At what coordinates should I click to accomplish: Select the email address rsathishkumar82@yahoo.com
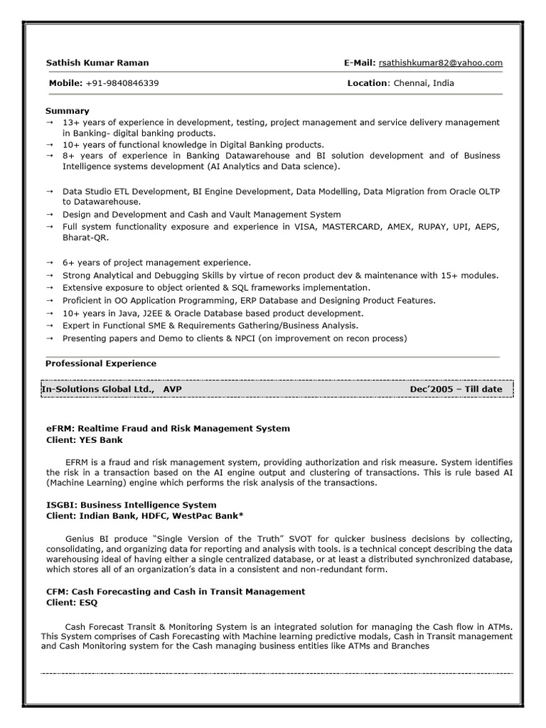coord(441,63)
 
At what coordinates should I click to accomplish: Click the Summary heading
coord(68,111)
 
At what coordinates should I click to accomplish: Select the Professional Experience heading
coord(101,363)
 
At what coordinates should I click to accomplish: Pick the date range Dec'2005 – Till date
coord(456,390)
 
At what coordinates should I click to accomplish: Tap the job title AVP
coord(171,390)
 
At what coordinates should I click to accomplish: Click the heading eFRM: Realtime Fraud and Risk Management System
coord(168,429)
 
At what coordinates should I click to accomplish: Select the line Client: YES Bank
coord(85,440)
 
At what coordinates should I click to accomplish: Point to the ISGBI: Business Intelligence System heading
coord(131,505)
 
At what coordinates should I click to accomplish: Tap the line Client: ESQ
coord(72,602)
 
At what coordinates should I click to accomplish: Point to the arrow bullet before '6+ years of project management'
coord(50,263)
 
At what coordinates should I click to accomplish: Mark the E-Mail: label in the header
coord(360,63)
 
